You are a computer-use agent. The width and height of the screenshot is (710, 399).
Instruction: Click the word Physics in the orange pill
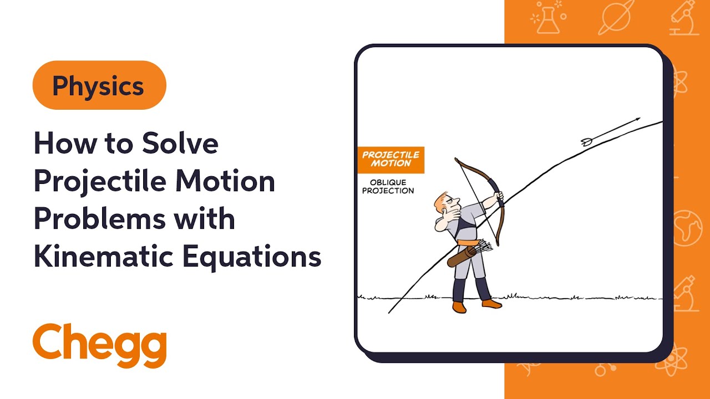tap(98, 86)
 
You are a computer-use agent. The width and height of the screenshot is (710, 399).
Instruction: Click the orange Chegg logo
tap(100, 345)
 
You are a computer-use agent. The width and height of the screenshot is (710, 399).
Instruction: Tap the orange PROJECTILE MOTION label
tap(390, 159)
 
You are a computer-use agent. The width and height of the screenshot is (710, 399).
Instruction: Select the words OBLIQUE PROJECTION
tap(392, 187)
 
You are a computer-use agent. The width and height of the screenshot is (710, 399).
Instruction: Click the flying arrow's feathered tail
tap(587, 142)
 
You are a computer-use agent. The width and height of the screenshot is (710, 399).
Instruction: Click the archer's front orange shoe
tap(492, 303)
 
